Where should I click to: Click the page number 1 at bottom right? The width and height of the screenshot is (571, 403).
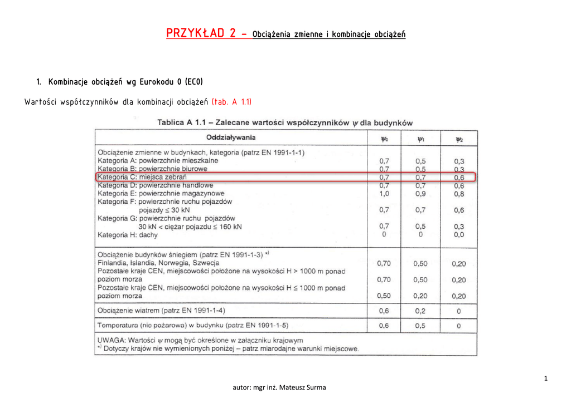546,379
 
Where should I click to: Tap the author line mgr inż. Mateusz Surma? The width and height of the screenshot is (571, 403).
279,387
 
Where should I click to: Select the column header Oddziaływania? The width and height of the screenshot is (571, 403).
231,137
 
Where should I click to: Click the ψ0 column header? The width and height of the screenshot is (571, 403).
384,139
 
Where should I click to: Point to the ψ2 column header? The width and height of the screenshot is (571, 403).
459,139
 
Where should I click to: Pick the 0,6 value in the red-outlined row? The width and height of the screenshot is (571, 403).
459,177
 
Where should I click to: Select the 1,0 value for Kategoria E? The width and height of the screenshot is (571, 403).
384,194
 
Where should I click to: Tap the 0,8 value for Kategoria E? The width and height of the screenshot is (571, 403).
459,194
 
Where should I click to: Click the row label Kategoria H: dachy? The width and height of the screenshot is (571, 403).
128,235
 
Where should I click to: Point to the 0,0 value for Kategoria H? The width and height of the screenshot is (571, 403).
459,235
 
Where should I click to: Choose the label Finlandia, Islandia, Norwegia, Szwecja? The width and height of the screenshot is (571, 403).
158,263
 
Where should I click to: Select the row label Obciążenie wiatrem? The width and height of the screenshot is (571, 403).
162,310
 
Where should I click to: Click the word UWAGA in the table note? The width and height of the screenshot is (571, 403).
111,340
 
